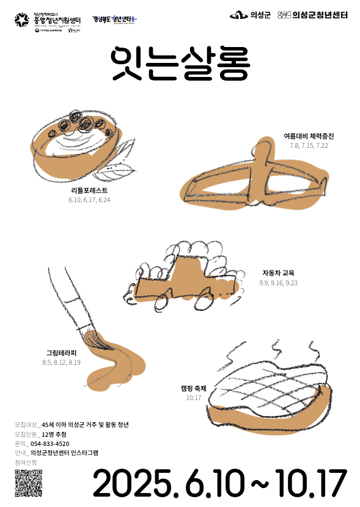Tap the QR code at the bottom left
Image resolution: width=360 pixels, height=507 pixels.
(x=29, y=483)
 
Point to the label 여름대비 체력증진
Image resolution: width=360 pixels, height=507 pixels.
(x=309, y=136)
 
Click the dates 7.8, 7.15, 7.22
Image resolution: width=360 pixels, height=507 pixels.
(x=309, y=145)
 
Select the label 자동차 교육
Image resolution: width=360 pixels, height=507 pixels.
(x=278, y=273)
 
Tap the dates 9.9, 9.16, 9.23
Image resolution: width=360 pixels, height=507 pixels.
(x=278, y=283)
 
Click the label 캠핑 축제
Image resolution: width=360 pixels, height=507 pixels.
(x=193, y=388)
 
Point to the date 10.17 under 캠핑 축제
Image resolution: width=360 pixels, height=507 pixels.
(x=193, y=398)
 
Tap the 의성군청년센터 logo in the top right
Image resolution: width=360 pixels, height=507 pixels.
(x=312, y=15)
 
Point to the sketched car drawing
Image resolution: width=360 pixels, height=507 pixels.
(x=183, y=275)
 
